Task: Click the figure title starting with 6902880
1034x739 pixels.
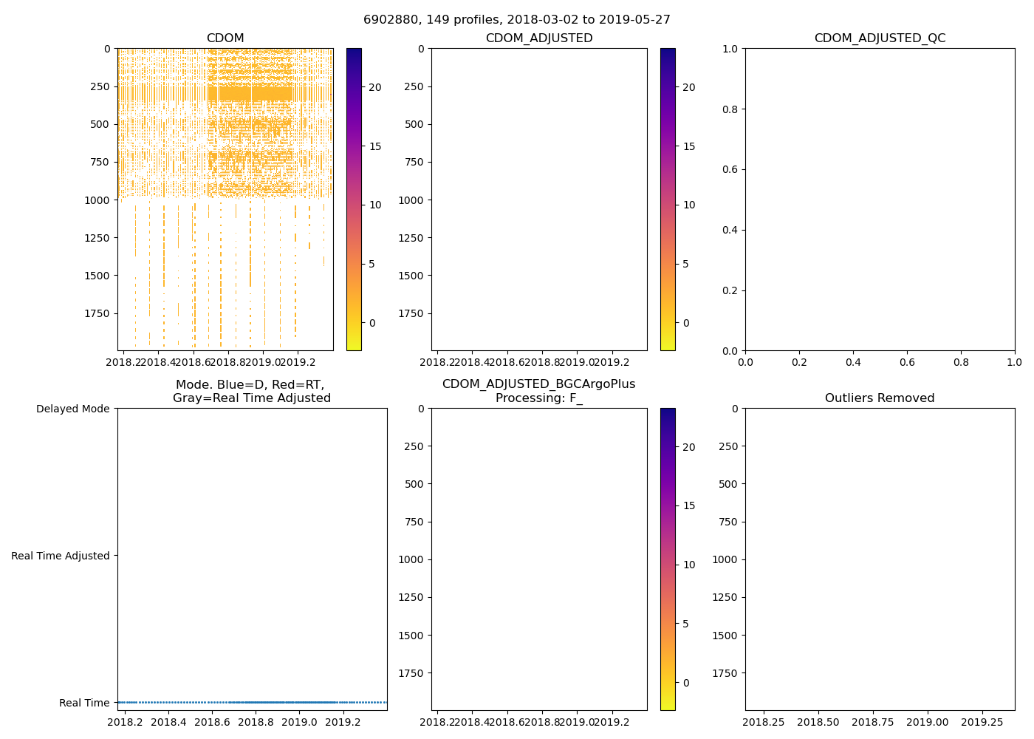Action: coord(517,20)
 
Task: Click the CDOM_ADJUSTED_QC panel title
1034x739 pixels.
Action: coord(880,38)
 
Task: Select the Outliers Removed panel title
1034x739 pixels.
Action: coord(880,398)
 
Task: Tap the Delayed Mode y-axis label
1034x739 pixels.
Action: coord(72,409)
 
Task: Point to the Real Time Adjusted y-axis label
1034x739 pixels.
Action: coord(61,556)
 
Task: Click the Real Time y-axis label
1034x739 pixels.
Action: coord(84,703)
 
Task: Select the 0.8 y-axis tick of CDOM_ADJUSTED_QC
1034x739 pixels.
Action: coord(731,109)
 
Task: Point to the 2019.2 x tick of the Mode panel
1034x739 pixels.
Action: coord(343,722)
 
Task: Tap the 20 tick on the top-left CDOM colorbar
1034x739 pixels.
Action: coord(375,87)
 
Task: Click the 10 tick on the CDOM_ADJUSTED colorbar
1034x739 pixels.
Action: coord(689,205)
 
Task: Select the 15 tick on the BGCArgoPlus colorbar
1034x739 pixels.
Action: coord(689,505)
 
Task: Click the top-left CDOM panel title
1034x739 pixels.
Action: coord(225,38)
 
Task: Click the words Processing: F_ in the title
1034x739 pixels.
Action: coord(539,398)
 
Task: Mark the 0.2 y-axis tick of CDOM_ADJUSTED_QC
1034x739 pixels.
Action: coord(731,290)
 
